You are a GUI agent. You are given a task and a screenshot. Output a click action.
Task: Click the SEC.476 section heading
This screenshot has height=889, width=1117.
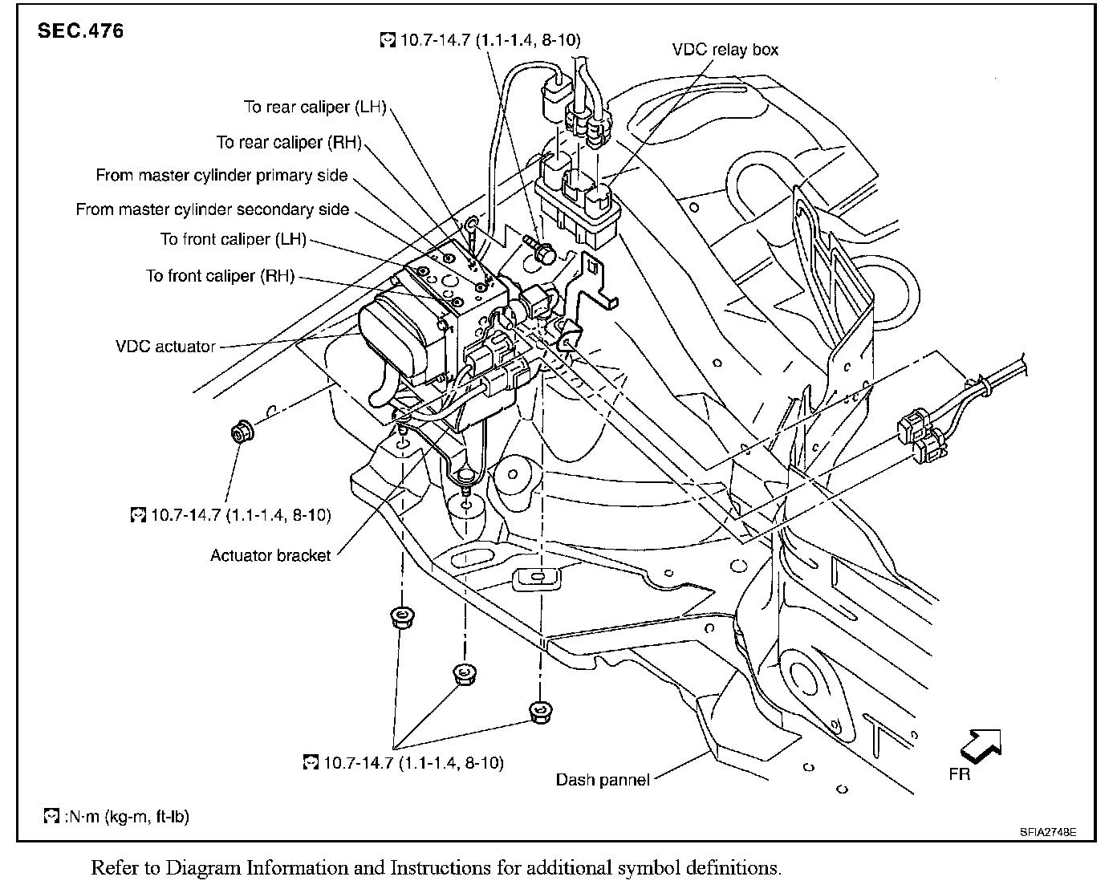coord(81,32)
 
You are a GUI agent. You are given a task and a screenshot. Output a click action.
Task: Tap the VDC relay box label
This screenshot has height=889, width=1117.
coord(725,50)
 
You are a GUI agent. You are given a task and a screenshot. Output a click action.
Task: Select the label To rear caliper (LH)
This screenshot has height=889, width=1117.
coord(315,107)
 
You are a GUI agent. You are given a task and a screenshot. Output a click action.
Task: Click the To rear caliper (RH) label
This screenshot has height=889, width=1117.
coord(289,142)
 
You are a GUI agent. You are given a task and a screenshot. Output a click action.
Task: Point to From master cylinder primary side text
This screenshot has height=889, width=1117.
coord(221,175)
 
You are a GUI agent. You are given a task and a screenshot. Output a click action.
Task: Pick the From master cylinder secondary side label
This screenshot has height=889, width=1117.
coord(213,209)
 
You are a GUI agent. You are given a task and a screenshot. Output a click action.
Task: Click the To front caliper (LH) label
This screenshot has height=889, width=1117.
coord(233,239)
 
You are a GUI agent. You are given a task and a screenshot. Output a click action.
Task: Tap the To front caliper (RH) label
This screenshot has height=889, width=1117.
coord(220,276)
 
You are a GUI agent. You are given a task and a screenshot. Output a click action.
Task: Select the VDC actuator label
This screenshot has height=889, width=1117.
coord(165,347)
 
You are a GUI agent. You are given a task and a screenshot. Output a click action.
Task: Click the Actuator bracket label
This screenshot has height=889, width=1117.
coord(270,555)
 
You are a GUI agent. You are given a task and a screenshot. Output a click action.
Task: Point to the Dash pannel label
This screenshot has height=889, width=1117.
coord(603,779)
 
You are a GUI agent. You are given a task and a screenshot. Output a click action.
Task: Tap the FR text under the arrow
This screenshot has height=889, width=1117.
coord(959,773)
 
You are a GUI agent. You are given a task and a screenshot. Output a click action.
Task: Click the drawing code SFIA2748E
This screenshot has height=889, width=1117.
coord(1048,832)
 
